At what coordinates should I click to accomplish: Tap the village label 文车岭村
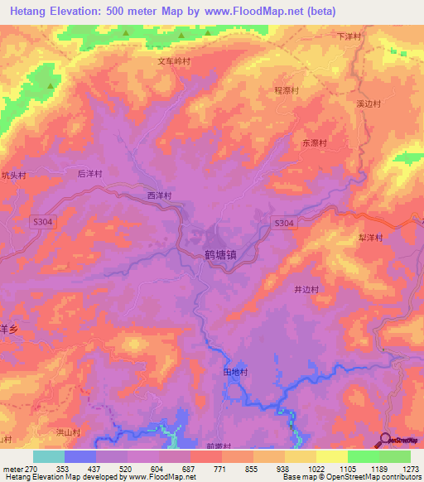[x=175, y=61]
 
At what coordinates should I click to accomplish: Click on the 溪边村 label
[x=369, y=104]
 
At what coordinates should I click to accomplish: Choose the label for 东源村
[x=315, y=143]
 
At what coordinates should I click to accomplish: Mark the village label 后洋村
[x=89, y=174]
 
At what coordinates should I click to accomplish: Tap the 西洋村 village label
[x=159, y=196]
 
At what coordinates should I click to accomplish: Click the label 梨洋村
[x=371, y=237]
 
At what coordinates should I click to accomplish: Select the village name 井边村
[x=307, y=289]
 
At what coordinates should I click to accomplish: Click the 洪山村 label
[x=68, y=432]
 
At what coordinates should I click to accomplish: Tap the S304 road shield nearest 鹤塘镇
[x=283, y=224]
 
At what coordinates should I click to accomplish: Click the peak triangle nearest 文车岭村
[x=181, y=35]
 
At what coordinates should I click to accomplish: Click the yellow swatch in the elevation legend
[x=331, y=456]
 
